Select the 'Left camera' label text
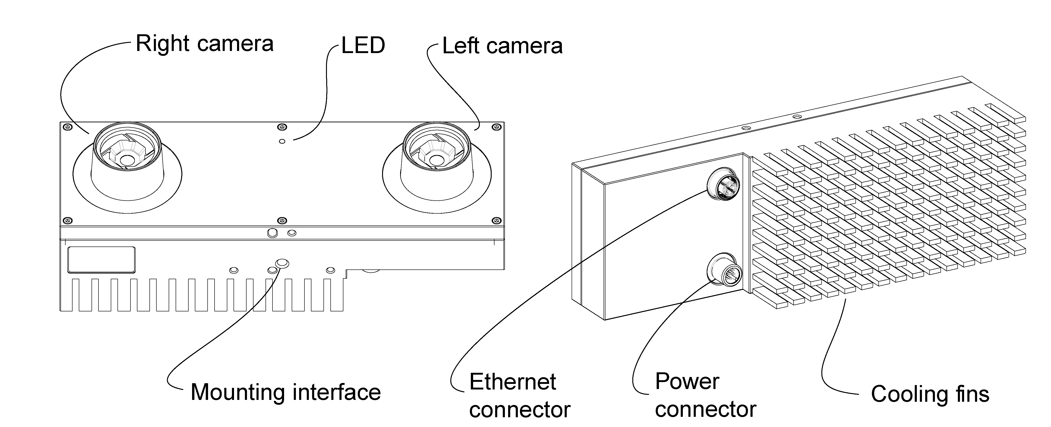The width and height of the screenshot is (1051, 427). [x=502, y=46]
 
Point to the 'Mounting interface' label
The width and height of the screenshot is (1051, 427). [x=286, y=392]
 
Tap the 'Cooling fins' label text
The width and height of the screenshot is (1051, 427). [x=930, y=394]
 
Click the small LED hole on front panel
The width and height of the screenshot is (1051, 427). [x=282, y=141]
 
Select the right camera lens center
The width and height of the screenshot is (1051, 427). [x=128, y=160]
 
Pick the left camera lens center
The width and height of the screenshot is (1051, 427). [x=437, y=160]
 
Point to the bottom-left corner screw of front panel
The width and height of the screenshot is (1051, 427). [x=68, y=221]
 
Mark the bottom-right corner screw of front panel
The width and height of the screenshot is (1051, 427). [x=497, y=221]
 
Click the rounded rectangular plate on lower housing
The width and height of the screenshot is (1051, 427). [x=101, y=259]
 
